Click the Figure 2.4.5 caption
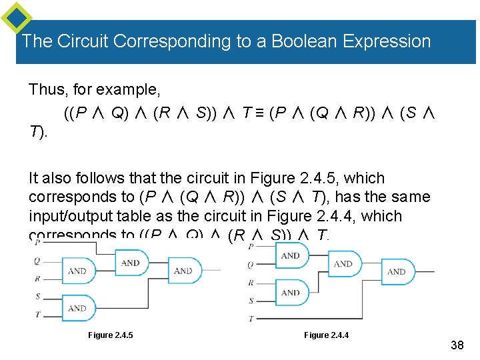[110, 334]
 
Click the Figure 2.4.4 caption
[326, 334]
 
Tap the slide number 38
[457, 345]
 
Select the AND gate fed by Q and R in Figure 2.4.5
[78, 271]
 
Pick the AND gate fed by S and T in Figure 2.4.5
[78, 308]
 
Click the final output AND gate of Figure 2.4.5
[183, 271]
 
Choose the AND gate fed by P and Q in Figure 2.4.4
[291, 255]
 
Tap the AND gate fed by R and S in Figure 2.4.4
[291, 292]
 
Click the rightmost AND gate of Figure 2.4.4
[396, 271]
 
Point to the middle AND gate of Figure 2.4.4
[343, 264]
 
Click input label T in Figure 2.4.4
[251, 319]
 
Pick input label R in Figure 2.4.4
[251, 283]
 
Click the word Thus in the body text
[43, 89]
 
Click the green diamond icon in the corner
[17, 17]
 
